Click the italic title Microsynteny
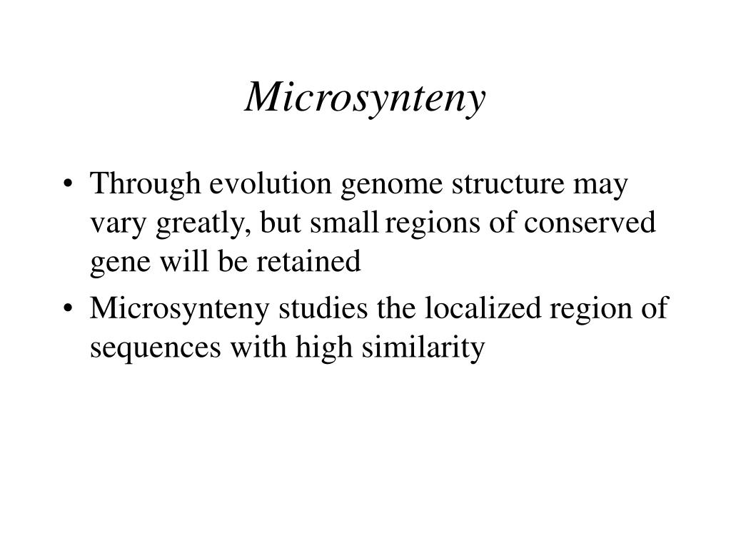click(365, 98)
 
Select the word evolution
click(271, 186)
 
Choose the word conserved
click(590, 224)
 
